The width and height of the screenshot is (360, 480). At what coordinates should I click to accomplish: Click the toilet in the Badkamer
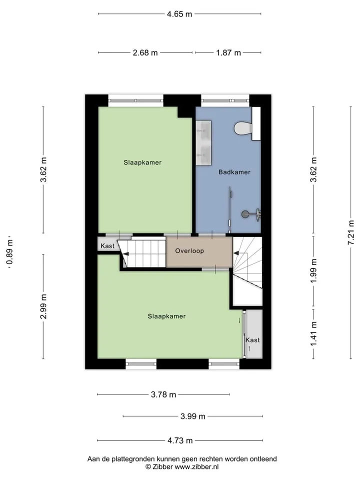[243, 128]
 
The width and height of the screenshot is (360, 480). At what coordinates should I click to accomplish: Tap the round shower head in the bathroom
[245, 214]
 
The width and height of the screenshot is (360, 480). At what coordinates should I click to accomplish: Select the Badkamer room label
[234, 172]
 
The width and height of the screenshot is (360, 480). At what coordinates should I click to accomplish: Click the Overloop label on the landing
[189, 251]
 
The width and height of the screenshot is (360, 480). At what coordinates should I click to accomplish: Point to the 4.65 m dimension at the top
[179, 14]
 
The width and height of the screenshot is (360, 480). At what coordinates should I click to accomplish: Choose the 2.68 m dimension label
[145, 53]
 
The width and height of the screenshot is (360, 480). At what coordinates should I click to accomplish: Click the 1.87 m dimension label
[228, 53]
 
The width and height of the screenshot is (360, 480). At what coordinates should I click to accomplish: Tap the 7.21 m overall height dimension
[351, 232]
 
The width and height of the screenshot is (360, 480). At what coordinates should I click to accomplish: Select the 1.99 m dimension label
[314, 270]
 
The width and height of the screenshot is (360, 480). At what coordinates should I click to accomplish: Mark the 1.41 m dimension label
[314, 334]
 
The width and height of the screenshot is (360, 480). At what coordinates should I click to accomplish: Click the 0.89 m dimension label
[10, 252]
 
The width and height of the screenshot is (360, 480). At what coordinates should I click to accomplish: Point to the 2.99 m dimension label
[43, 306]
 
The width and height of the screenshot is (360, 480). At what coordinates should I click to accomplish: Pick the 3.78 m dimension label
[163, 394]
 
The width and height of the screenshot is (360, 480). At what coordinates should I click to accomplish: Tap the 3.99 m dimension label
[193, 416]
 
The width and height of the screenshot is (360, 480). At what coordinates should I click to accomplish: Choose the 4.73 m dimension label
[180, 440]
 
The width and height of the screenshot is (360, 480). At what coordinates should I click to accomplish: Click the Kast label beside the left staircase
[107, 246]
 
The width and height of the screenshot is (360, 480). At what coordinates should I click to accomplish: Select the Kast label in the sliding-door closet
[252, 340]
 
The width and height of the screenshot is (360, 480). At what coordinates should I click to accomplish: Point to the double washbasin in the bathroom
[204, 143]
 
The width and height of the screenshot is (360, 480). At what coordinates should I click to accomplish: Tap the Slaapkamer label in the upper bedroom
[142, 162]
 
